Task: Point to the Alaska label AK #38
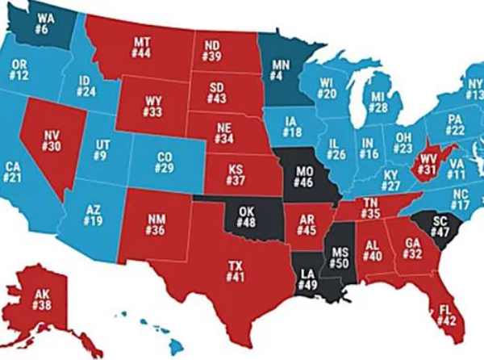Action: tap(42, 300)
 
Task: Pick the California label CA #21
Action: tap(14, 171)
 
